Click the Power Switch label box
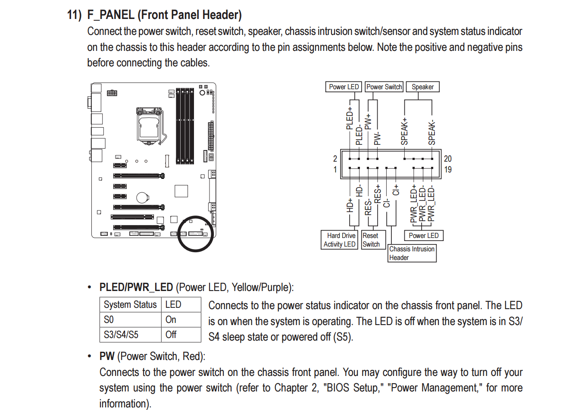(x=384, y=87)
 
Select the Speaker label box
(x=422, y=87)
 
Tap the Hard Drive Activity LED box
(x=340, y=240)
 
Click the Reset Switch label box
(x=371, y=240)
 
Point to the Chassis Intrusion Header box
(x=412, y=253)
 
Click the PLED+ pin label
(x=350, y=118)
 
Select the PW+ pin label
(x=368, y=122)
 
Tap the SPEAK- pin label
(x=432, y=132)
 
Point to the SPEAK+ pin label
(x=404, y=131)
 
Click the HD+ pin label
(x=350, y=205)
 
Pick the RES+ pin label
(x=378, y=194)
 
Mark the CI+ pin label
(x=396, y=190)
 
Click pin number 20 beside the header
(x=448, y=159)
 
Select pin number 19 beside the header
(x=448, y=169)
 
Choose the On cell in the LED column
(x=171, y=319)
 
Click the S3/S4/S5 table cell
(x=121, y=335)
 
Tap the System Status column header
(x=130, y=304)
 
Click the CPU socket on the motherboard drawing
(x=150, y=126)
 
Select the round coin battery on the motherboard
(x=143, y=197)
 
